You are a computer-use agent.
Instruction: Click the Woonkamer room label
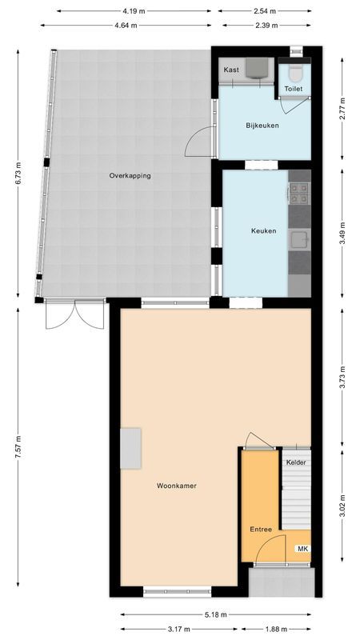pos(177,486)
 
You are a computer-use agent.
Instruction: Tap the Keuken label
pos(263,231)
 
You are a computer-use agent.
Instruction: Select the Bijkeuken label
pos(262,126)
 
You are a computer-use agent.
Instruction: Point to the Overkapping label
pos(130,176)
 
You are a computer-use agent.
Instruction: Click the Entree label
pos(261,530)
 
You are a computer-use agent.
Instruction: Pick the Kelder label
pos(296,462)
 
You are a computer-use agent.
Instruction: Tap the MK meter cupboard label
pos(302,549)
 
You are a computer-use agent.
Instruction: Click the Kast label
pos(231,70)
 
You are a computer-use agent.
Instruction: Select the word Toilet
pos(294,89)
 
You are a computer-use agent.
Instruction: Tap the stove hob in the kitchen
pos(299,191)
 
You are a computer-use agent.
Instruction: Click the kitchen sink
pos(300,240)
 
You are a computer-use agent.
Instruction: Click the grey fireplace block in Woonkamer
pos(130,448)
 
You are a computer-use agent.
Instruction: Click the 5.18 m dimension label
pos(214,614)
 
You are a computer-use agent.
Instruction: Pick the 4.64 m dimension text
pos(125,25)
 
